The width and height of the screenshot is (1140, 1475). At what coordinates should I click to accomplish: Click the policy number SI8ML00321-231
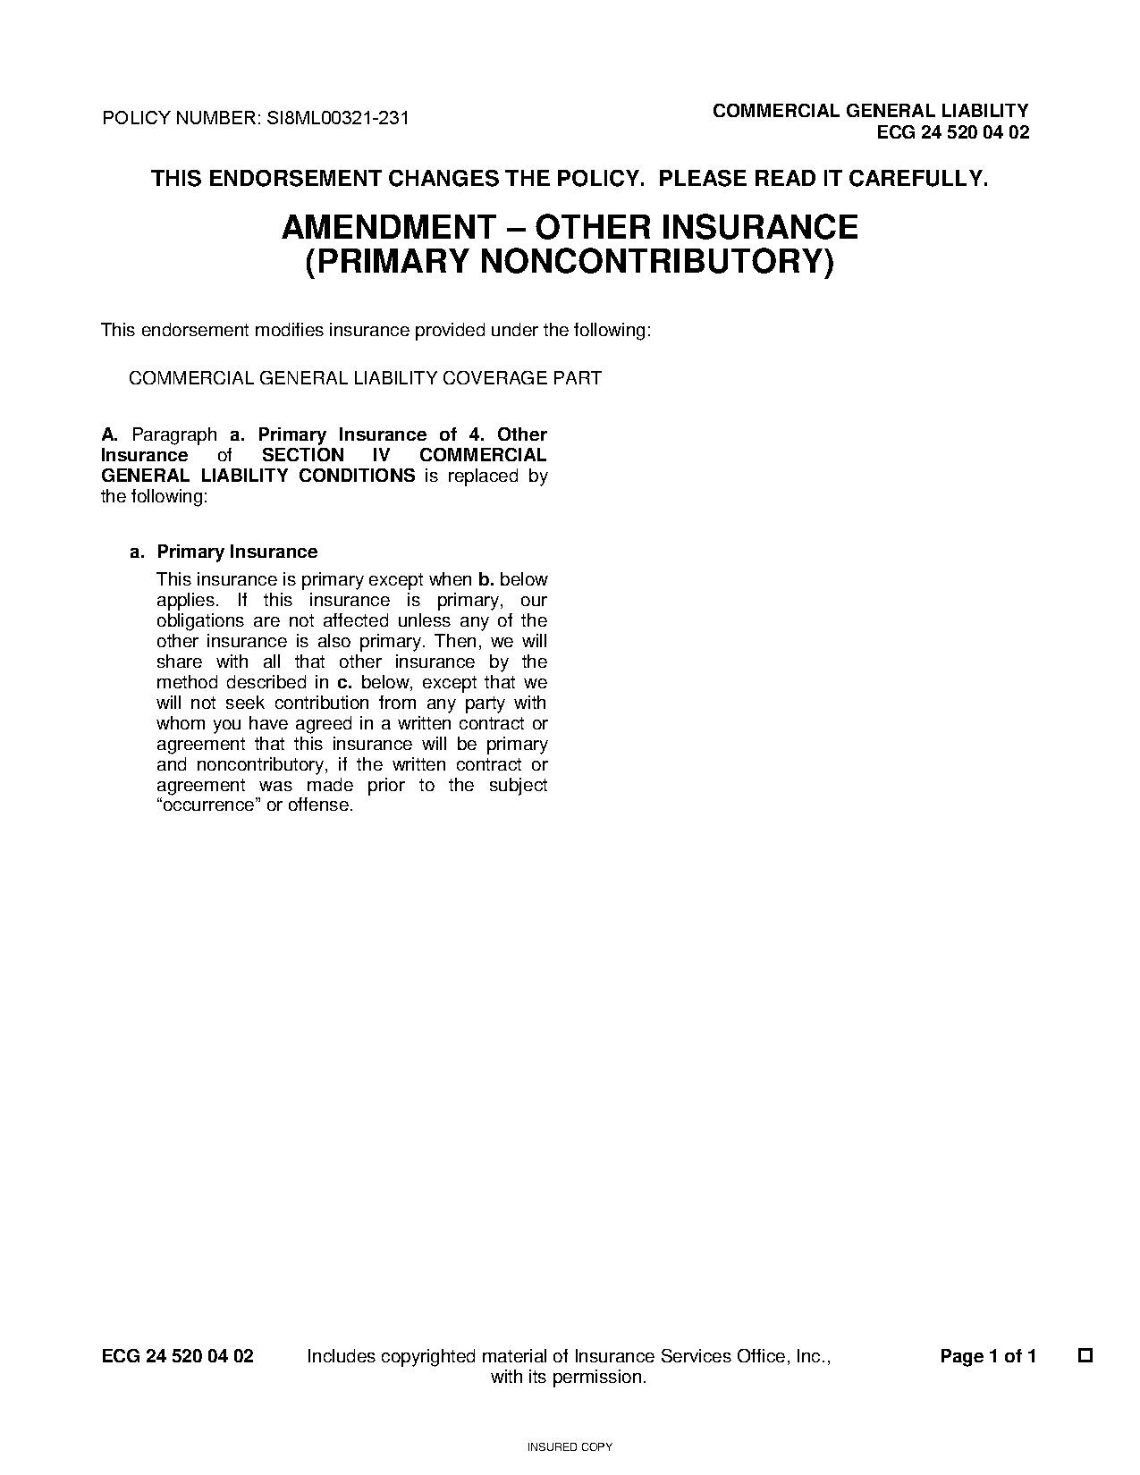tap(338, 118)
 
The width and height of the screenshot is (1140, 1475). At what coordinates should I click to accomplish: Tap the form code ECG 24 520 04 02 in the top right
tap(953, 133)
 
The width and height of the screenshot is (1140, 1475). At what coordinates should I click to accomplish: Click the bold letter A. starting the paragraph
tap(110, 435)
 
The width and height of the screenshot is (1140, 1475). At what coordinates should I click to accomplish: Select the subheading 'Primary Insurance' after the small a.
tap(237, 552)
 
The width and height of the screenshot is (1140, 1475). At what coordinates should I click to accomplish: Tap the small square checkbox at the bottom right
tap(1085, 1355)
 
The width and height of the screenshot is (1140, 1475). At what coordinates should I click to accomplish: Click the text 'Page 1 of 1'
tap(988, 1356)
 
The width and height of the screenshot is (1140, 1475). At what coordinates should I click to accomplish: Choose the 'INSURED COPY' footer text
tap(570, 1446)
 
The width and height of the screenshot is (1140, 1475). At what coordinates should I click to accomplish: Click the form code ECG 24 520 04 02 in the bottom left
tap(178, 1356)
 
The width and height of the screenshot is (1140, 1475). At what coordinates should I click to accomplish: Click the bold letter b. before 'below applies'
tap(486, 580)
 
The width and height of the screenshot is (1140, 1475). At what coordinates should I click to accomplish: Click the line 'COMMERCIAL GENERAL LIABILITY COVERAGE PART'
tap(365, 378)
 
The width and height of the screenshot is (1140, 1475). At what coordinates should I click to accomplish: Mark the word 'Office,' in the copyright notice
tap(761, 1356)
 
